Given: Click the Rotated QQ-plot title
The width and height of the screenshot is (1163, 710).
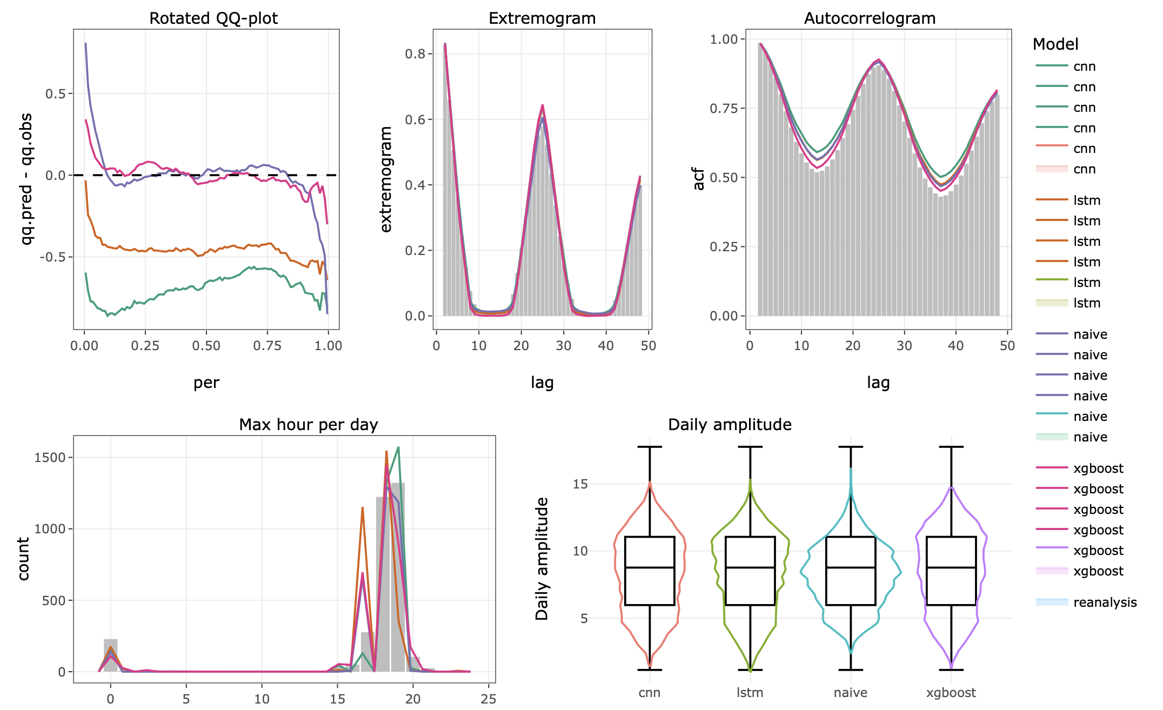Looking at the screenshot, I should pos(213,18).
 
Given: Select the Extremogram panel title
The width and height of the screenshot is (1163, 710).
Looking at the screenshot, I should pos(542,18).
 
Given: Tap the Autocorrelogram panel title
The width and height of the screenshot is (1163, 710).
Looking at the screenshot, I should pos(870,18).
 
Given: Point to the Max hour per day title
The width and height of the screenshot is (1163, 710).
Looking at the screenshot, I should pos(308,425).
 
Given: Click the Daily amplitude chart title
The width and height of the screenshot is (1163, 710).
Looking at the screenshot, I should pos(730,425).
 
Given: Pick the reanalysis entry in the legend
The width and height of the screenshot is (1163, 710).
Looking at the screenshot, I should pos(1105,602).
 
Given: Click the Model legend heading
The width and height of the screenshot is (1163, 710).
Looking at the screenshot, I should pos(1055,44).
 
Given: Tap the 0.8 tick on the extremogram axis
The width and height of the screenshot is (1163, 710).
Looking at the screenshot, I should pos(416,54).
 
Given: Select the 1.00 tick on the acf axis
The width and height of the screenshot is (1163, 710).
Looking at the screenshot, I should pos(724,39).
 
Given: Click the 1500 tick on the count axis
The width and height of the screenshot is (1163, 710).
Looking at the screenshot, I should pos(50,458).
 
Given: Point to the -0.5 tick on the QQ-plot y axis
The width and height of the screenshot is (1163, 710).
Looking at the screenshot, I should pos(52,257).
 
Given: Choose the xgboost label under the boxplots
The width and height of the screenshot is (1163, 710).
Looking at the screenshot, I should pos(951,693).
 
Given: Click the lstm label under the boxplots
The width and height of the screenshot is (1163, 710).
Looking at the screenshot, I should pos(750,693).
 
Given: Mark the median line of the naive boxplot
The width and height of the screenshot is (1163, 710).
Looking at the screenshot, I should pos(851,567).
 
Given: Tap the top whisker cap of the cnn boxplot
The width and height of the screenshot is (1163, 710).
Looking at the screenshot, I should pos(649,447).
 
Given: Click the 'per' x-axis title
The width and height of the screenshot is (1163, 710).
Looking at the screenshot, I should pos(206,383).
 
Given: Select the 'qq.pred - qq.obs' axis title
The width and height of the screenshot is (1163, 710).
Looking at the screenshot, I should pos(26,179).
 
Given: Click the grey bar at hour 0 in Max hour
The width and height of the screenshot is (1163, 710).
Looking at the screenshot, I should pos(111,655).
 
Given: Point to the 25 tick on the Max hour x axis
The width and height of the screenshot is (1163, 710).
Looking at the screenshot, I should pos(488,699).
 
